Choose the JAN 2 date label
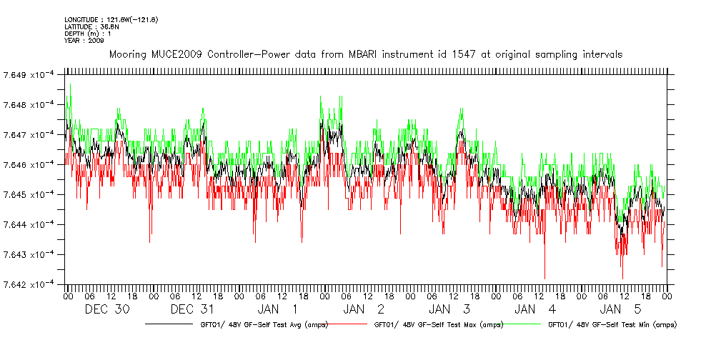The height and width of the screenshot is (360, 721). (x=364, y=309)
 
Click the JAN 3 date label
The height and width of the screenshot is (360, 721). (x=449, y=309)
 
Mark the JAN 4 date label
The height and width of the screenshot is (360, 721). (x=535, y=309)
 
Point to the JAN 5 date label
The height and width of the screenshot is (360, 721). (x=621, y=309)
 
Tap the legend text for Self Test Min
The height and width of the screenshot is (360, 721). (x=611, y=325)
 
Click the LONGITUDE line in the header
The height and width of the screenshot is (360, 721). (x=111, y=19)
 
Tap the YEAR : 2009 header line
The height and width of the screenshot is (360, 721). (x=84, y=41)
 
